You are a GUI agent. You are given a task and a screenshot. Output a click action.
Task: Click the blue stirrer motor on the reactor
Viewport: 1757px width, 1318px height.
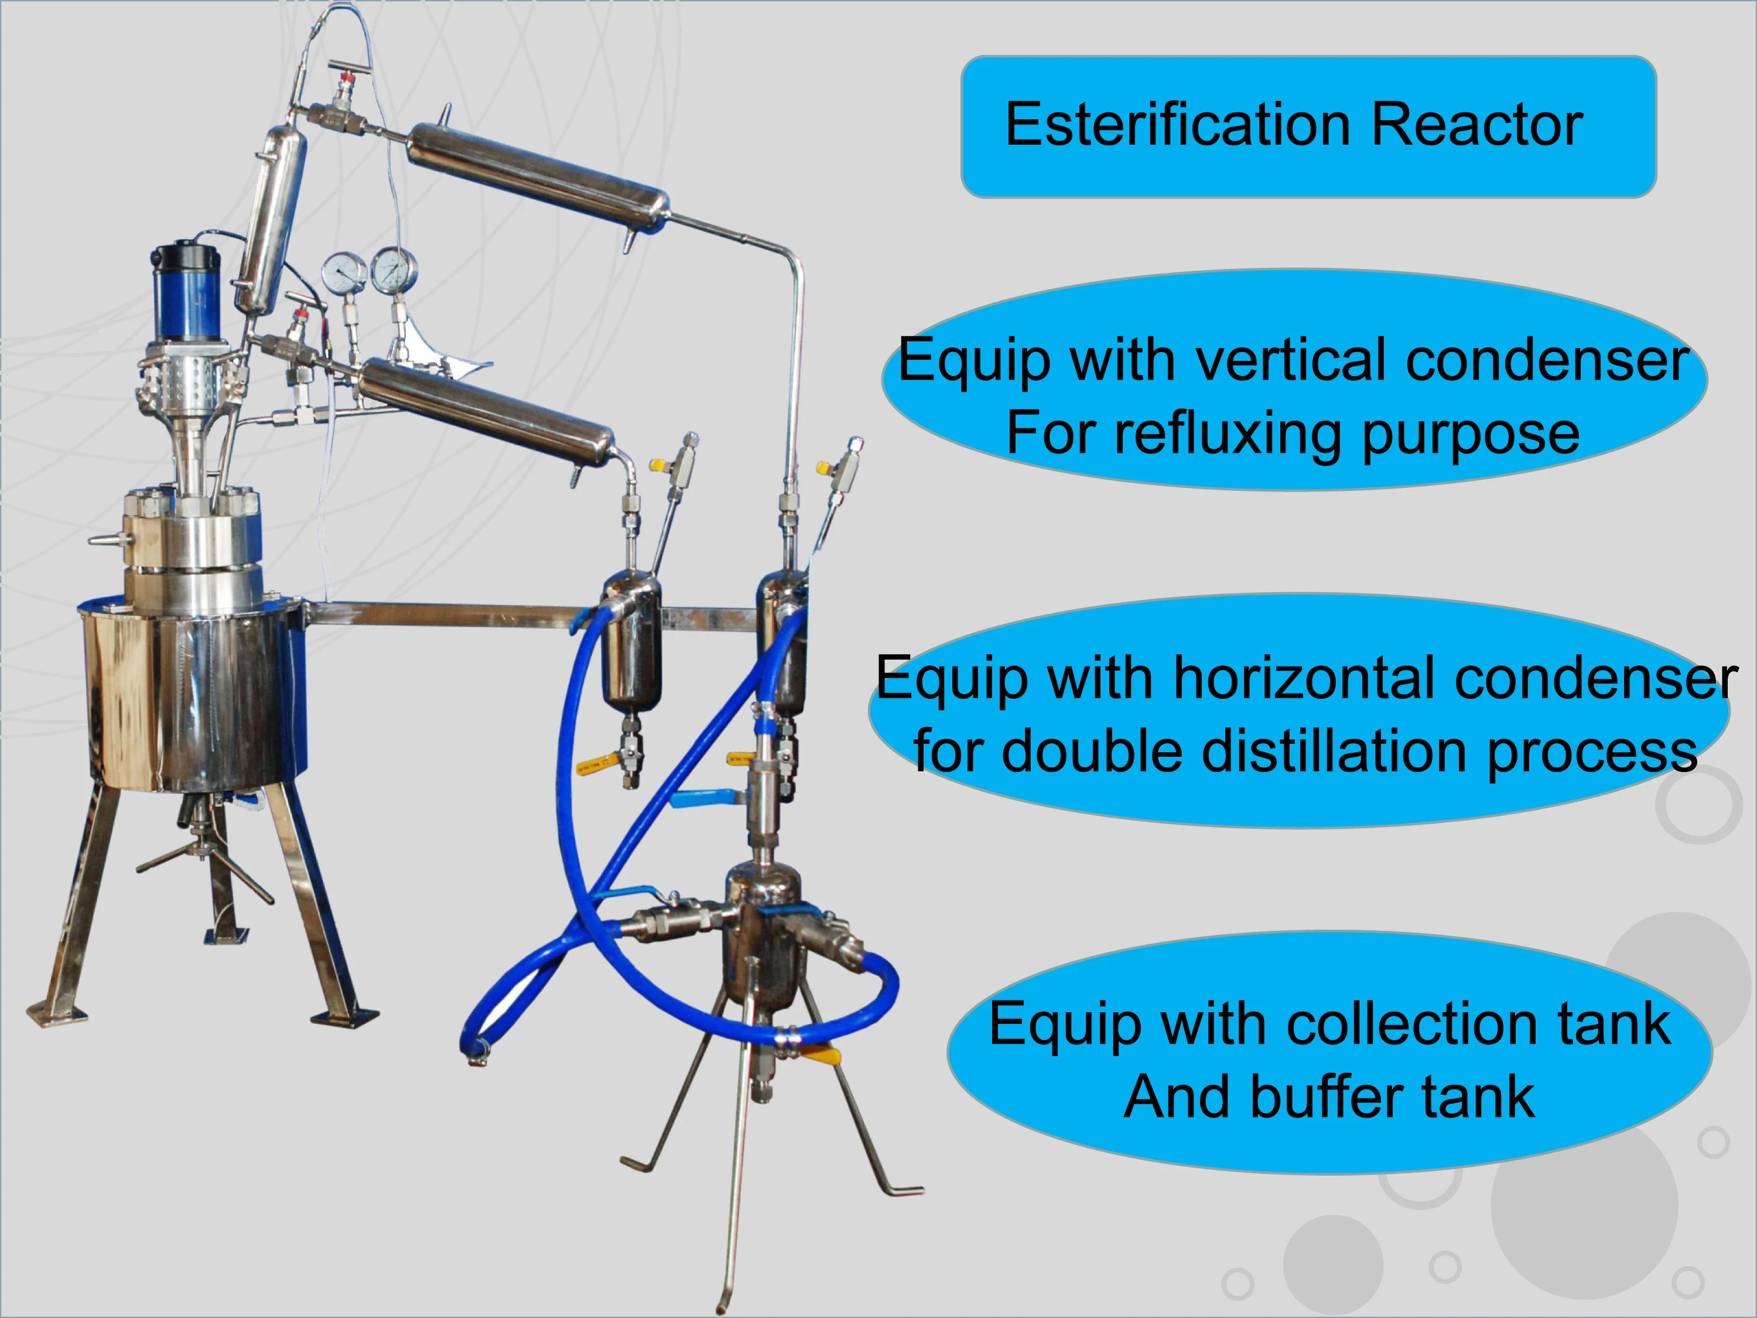[187, 290]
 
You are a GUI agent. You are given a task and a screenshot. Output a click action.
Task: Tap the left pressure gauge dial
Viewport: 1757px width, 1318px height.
[343, 272]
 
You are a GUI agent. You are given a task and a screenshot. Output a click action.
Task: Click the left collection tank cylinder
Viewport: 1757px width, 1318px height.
[631, 644]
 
